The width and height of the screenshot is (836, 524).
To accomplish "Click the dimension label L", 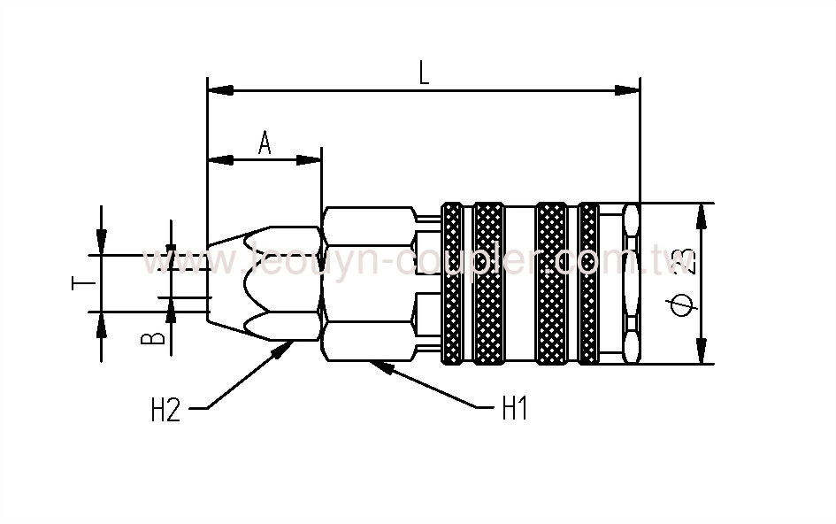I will click(x=424, y=73).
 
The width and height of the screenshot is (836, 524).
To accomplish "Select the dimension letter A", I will click(x=264, y=143).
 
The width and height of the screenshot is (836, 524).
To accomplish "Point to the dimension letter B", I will click(x=153, y=338).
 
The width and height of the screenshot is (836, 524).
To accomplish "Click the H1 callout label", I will click(x=514, y=409).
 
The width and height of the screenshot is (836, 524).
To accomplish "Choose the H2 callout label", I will click(x=165, y=410).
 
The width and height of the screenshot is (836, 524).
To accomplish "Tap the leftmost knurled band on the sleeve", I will click(x=452, y=283).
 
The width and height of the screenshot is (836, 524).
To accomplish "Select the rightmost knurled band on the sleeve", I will click(x=588, y=283).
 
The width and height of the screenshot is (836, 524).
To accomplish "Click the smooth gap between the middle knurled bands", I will click(x=520, y=283).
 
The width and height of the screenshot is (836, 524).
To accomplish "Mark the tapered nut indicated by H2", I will click(x=265, y=283).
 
